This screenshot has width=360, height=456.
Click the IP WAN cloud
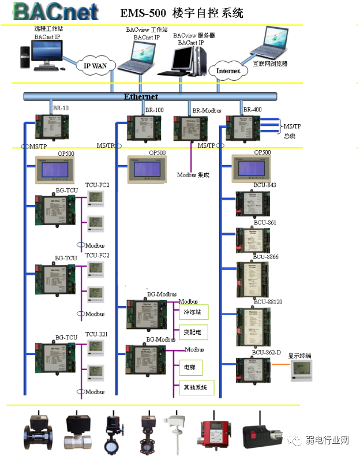click(96, 66)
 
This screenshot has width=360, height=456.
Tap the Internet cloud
click(228, 70)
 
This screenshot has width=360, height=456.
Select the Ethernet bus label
click(141, 96)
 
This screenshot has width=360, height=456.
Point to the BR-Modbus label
click(207, 110)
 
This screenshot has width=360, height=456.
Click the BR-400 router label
click(252, 109)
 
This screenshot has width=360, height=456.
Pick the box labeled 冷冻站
click(192, 312)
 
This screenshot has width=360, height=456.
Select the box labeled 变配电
click(192, 332)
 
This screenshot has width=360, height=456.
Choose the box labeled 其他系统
click(195, 387)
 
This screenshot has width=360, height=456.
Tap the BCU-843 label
click(265, 185)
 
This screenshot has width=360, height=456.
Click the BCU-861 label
click(265, 222)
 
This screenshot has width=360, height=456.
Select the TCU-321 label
click(97, 335)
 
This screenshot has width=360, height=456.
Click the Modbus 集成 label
click(193, 174)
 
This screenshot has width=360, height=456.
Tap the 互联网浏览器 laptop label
click(270, 64)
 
